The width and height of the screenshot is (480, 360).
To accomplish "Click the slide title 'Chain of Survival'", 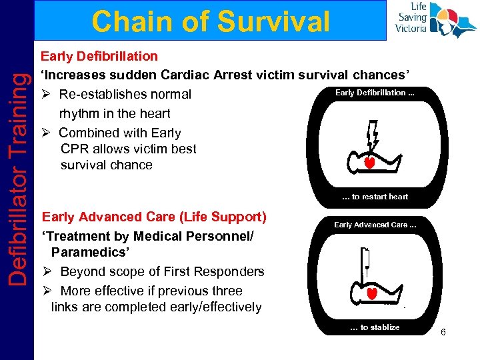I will (211, 21).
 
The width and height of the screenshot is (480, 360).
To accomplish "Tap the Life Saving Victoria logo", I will (434, 20).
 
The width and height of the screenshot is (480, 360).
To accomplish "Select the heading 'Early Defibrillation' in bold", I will (99, 56).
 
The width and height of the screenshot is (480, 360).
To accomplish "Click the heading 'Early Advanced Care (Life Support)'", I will (154, 217).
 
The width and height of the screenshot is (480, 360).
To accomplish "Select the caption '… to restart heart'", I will (375, 197).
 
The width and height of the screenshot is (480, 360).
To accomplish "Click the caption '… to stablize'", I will (375, 327).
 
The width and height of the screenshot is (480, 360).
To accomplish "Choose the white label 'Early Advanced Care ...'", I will (375, 225).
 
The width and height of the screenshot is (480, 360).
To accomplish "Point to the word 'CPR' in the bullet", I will (75, 149).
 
